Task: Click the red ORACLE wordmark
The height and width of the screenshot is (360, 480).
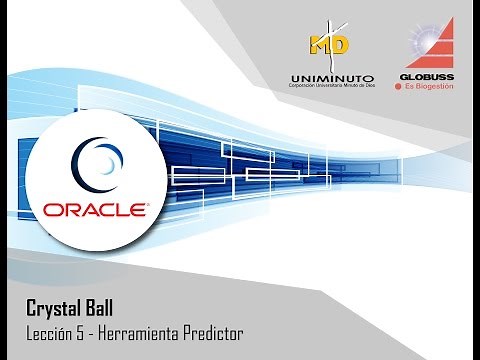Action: pyautogui.click(x=96, y=209)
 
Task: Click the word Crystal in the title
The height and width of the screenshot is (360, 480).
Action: pyautogui.click(x=53, y=308)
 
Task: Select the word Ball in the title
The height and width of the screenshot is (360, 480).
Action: pyautogui.click(x=105, y=308)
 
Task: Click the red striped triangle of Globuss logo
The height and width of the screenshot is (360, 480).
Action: pyautogui.click(x=438, y=45)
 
